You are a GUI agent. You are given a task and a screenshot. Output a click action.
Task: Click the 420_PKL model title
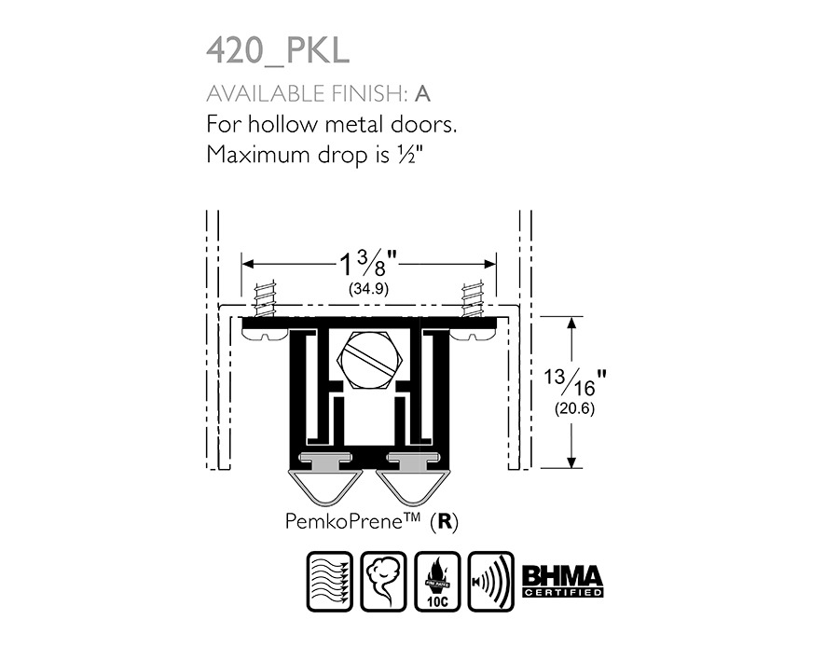(x=278, y=51)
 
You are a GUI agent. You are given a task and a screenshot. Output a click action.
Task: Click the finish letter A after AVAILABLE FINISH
(x=422, y=94)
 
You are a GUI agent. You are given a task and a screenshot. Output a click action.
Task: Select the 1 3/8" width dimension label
(x=368, y=264)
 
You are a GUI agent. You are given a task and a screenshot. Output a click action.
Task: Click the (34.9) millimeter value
(x=368, y=289)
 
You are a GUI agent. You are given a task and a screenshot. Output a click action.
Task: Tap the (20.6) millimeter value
(x=574, y=409)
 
